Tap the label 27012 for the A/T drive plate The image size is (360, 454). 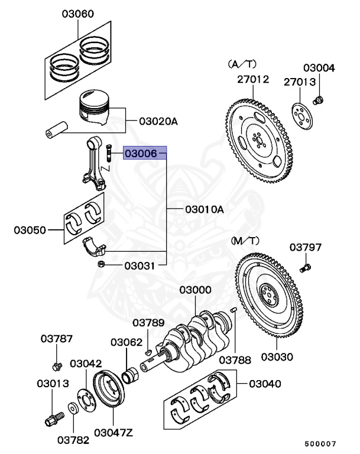click(254, 79)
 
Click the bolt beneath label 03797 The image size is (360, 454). click(305, 269)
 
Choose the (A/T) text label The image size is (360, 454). click(242, 63)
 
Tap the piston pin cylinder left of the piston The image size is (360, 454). click(57, 128)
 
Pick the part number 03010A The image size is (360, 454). click(205, 209)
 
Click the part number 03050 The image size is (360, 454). click(31, 229)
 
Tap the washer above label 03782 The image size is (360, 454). click(72, 408)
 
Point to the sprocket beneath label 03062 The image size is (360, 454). click(131, 375)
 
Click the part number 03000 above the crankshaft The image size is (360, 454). click(196, 290)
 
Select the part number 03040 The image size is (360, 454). click(265, 384)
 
